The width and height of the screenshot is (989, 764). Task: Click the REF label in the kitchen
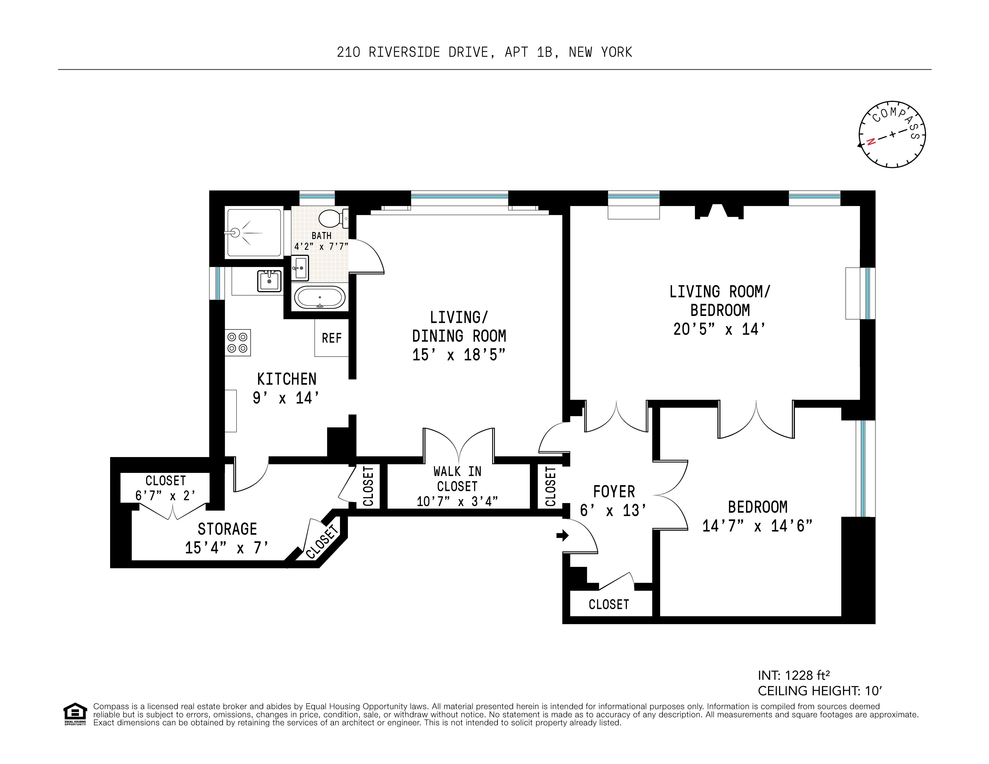click(332, 338)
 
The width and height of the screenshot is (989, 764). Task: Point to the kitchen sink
click(269, 281)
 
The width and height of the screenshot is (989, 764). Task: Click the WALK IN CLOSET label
click(457, 479)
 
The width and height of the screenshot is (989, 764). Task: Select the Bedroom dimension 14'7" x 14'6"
click(757, 526)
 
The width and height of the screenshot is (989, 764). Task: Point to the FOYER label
click(614, 491)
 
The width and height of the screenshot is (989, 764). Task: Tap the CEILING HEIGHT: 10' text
click(820, 691)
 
